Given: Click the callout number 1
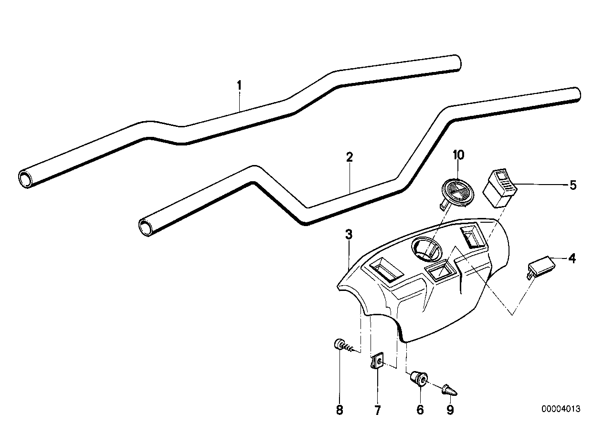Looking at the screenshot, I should [x=240, y=86].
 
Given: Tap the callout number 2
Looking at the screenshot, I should [x=350, y=157].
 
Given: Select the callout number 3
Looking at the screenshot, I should [x=349, y=234].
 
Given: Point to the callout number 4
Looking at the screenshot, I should [x=572, y=259].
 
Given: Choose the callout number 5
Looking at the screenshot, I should [x=573, y=185].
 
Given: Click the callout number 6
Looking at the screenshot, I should [x=420, y=410].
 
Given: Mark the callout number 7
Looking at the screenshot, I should [x=377, y=410].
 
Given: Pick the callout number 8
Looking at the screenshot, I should [x=339, y=410].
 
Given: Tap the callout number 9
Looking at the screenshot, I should [x=450, y=410].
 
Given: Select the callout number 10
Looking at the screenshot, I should [x=458, y=155].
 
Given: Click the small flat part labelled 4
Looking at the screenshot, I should [x=539, y=265].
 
